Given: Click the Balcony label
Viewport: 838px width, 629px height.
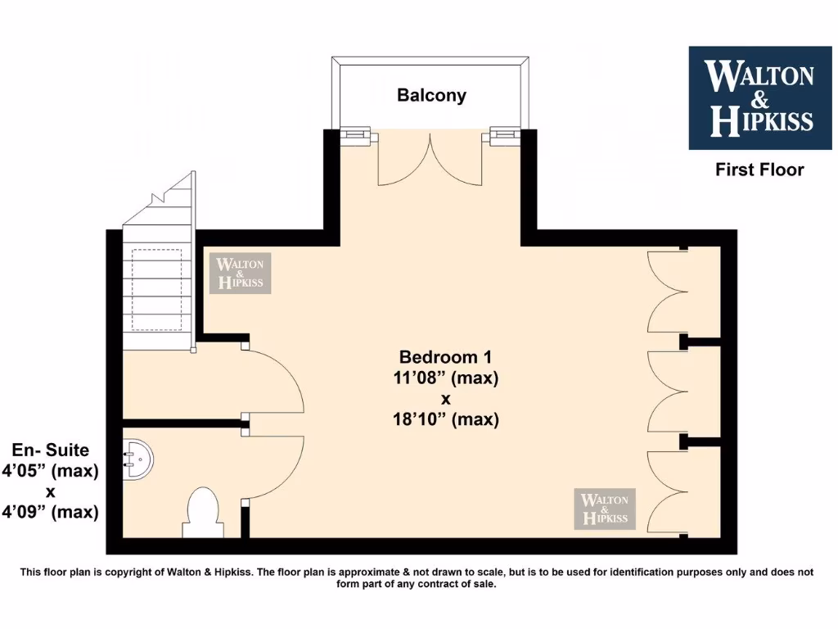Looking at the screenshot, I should (x=431, y=95).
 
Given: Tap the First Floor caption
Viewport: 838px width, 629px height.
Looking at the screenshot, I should (x=759, y=170).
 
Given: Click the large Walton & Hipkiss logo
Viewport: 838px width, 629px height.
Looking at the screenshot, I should (x=759, y=97).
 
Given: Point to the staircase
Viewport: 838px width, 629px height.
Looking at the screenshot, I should (x=157, y=270).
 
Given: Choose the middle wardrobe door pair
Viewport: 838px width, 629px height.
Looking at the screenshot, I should (x=666, y=390).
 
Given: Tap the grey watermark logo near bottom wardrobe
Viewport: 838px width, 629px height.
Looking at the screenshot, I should (x=605, y=509).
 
